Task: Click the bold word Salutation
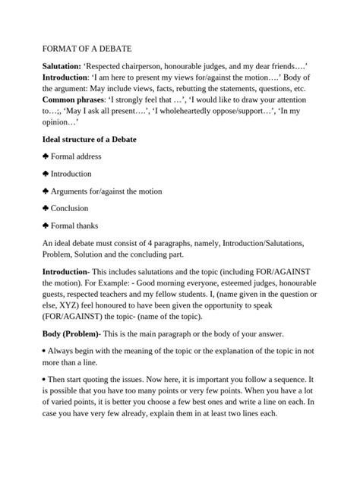coord(64,67)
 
